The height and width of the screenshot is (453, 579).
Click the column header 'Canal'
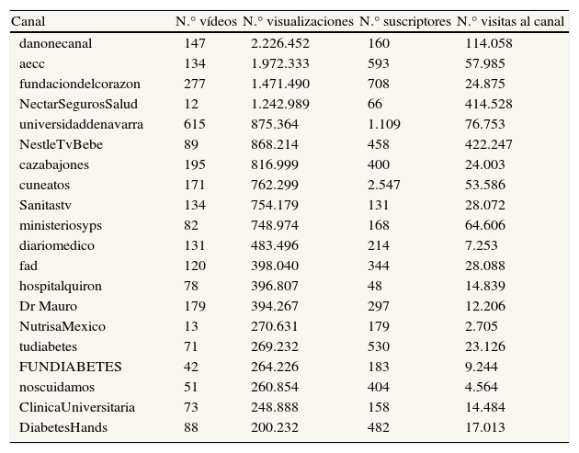(27, 20)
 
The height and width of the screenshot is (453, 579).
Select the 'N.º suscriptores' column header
(405, 20)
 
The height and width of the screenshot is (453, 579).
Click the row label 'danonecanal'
(55, 43)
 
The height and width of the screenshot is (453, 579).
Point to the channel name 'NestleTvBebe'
(58, 144)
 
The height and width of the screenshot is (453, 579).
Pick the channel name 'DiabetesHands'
(62, 427)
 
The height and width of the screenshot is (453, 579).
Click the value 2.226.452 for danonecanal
(280, 43)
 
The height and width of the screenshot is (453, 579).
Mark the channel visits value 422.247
(490, 144)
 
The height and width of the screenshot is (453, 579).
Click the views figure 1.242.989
(280, 104)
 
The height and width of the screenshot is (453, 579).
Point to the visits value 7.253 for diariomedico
(483, 245)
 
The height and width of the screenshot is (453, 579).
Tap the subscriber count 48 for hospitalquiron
(375, 286)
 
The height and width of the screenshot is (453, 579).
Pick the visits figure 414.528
(490, 104)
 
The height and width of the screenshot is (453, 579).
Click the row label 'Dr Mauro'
(48, 306)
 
